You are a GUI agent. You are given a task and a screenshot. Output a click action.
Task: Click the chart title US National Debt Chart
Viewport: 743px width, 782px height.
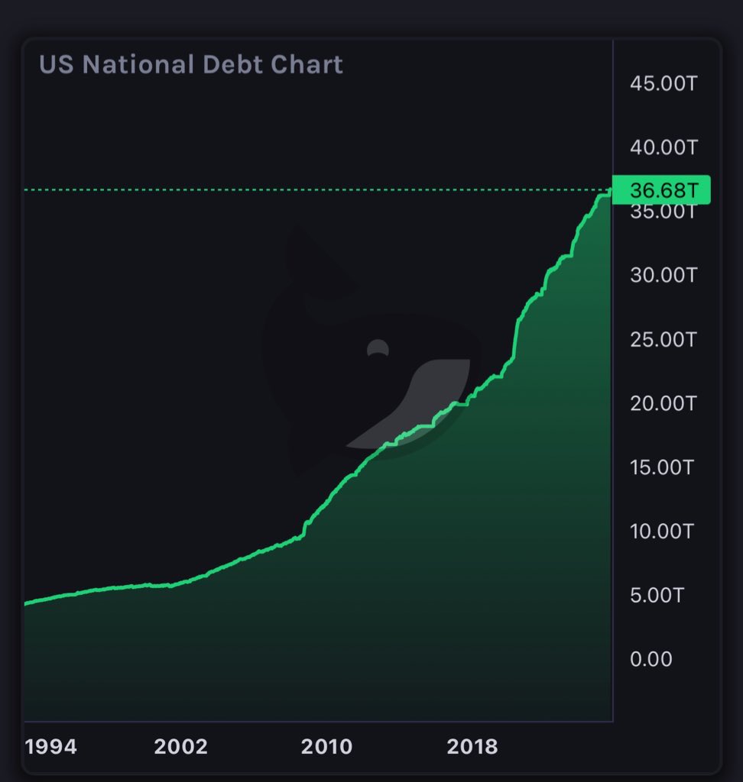pos(191,64)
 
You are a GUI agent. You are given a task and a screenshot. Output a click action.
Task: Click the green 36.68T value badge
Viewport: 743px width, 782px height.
pos(662,189)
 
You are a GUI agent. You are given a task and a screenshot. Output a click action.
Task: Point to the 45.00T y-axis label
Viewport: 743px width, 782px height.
pos(664,83)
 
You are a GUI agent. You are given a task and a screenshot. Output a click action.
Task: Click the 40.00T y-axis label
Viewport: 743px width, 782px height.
pos(664,147)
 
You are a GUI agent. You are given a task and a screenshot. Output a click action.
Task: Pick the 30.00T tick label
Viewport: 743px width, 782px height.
pos(664,274)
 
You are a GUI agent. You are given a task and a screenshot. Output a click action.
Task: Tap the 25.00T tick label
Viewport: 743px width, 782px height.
pos(664,338)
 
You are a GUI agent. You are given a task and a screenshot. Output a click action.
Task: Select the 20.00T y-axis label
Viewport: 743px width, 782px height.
pos(664,402)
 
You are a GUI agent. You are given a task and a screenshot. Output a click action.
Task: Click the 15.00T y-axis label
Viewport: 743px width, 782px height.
pos(662,467)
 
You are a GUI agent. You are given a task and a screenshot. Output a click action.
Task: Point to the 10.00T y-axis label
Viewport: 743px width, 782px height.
pos(662,530)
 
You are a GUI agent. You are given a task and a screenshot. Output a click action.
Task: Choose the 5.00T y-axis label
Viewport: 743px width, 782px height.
pos(657,594)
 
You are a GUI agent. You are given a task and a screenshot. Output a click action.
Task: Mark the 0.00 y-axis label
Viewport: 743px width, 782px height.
pos(651,658)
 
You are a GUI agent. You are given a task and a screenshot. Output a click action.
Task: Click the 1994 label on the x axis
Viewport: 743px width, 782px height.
pos(51,746)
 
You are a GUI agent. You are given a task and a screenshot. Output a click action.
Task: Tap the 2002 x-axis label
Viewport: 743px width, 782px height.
pos(180,746)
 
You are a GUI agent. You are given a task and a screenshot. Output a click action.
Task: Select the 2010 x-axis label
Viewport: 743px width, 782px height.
pos(327,746)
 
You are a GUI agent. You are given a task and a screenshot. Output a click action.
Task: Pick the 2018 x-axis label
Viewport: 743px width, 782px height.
pos(472,746)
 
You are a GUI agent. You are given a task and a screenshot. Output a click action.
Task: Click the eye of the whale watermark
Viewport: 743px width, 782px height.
pos(378,349)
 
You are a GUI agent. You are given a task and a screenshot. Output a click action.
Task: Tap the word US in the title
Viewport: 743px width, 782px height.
pos(57,64)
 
